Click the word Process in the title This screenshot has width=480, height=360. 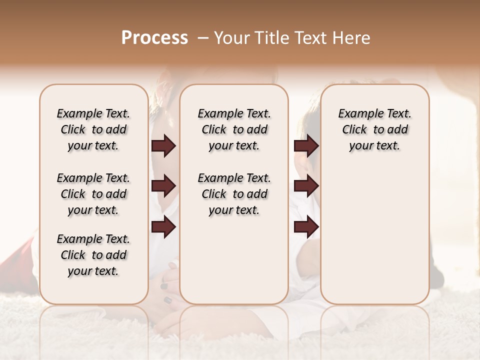point(154,38)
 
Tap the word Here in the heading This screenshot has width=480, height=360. point(352,38)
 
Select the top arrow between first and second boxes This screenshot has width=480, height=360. point(163,146)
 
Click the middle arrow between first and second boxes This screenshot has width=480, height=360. point(163,186)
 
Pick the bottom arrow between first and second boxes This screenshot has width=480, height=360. point(163,227)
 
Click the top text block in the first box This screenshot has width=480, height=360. point(93,129)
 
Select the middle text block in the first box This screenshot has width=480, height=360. point(93,194)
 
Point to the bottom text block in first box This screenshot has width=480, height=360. point(93,255)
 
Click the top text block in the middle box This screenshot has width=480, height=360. point(234,129)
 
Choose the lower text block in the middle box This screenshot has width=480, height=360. point(234,194)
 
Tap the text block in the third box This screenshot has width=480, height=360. point(374,129)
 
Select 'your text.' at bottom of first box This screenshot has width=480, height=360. point(93,271)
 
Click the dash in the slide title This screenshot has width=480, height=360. point(203,38)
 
